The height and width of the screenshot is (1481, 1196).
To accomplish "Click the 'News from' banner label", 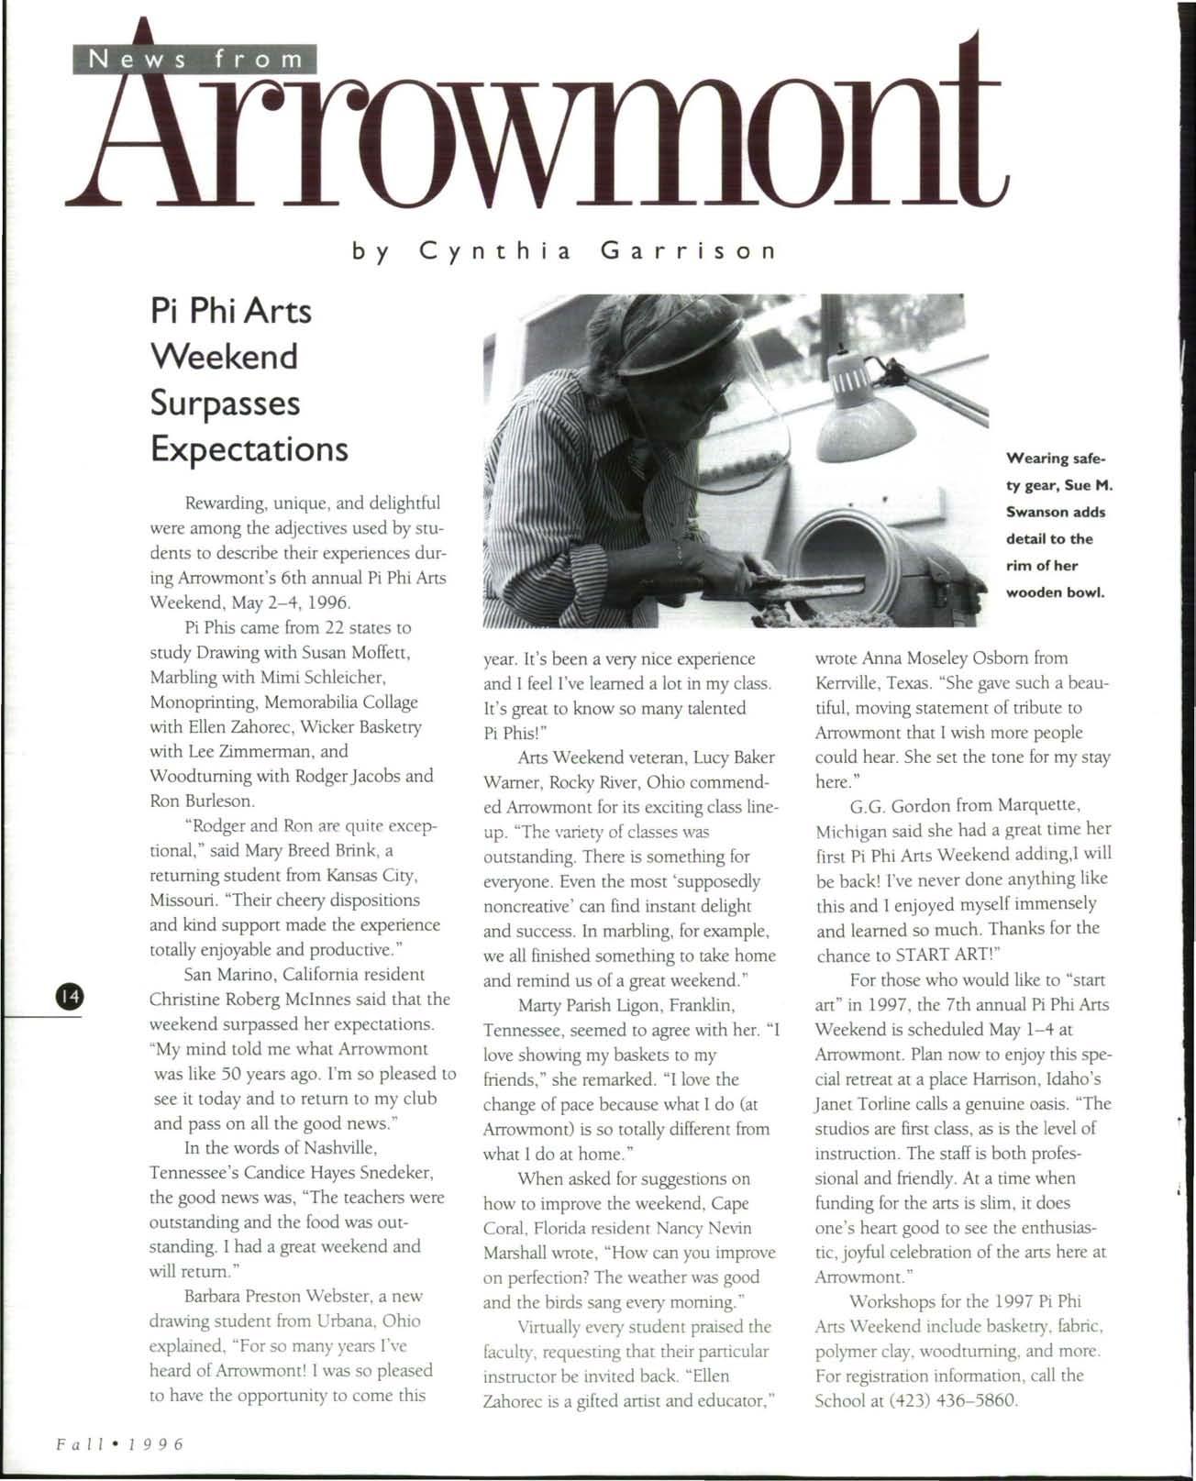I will pyautogui.click(x=193, y=60).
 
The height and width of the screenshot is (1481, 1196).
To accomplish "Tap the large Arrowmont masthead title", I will pyautogui.click(x=541, y=128).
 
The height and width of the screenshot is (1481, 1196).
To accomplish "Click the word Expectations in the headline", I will pyautogui.click(x=249, y=449).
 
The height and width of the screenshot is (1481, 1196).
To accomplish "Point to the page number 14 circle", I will pyautogui.click(x=70, y=994).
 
